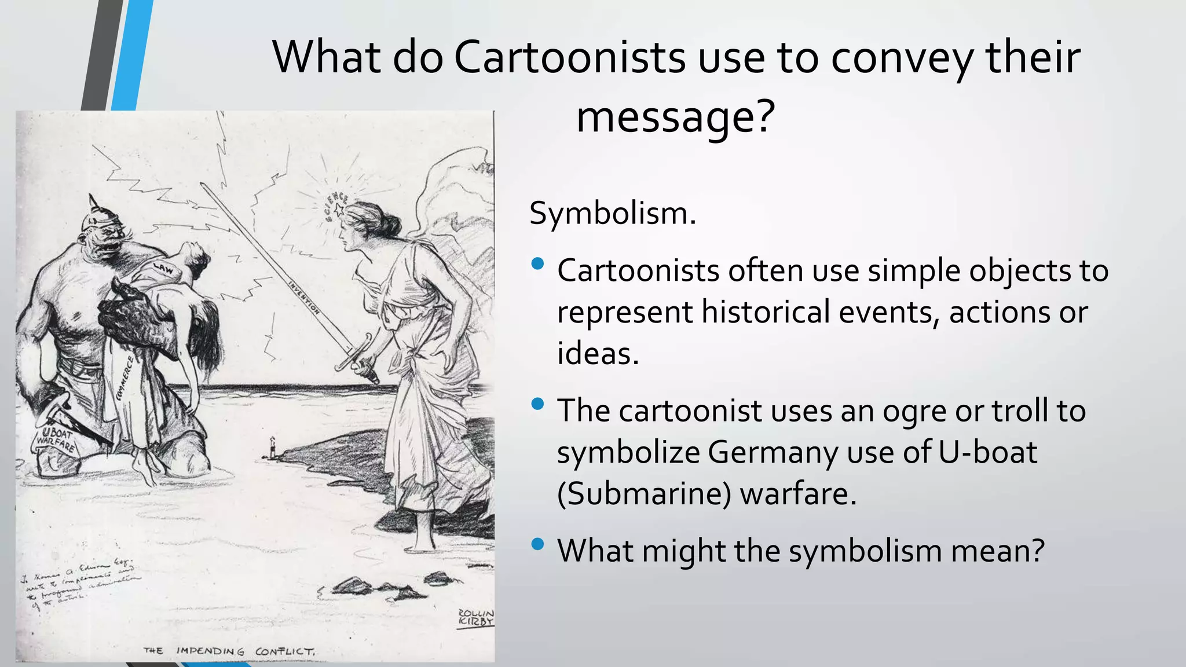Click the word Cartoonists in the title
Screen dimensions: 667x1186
569,58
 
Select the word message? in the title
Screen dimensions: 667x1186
675,117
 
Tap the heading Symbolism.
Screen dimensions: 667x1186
612,213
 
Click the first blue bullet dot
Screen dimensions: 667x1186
537,264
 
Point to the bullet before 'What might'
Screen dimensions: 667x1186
537,544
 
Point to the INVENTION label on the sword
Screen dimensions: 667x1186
305,296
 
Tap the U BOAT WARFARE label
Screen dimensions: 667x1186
56,440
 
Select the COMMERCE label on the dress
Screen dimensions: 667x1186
125,378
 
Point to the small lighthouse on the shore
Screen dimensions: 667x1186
272,447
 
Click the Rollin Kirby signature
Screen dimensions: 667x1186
475,617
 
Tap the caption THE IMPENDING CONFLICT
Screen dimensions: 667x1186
229,651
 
